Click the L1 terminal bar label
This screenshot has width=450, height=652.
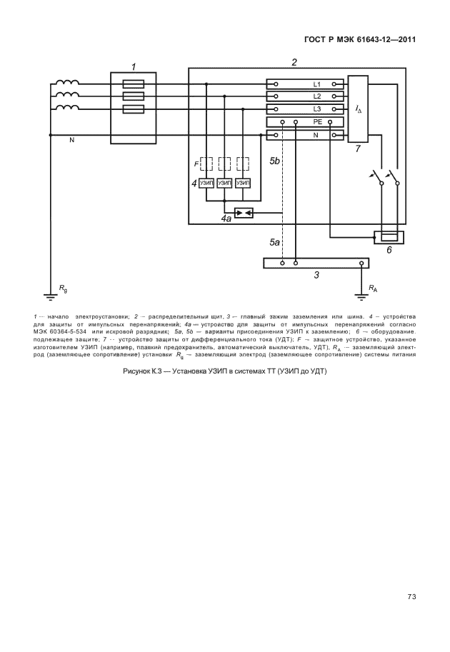[x=317, y=84]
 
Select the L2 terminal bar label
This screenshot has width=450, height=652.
[x=317, y=96]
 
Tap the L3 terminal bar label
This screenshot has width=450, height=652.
[x=317, y=109]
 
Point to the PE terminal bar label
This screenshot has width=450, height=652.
[x=317, y=122]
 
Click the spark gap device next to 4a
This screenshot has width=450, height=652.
[x=244, y=213]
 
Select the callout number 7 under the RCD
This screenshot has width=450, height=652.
[x=357, y=150]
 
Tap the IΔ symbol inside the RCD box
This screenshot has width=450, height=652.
[x=358, y=109]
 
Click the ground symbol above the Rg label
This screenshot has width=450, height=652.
[x=51, y=294]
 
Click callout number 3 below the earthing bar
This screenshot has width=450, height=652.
[x=316, y=275]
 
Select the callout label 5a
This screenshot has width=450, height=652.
[x=274, y=243]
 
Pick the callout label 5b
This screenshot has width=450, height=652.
[x=275, y=162]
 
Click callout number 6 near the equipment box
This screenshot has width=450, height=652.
[x=389, y=250]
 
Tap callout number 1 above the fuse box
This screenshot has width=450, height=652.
[x=133, y=66]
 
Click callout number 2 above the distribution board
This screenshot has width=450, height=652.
[x=294, y=62]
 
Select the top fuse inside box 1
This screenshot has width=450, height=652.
[x=133, y=84]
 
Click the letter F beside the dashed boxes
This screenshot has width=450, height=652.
[x=196, y=164]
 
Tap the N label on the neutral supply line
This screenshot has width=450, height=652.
[x=71, y=141]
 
